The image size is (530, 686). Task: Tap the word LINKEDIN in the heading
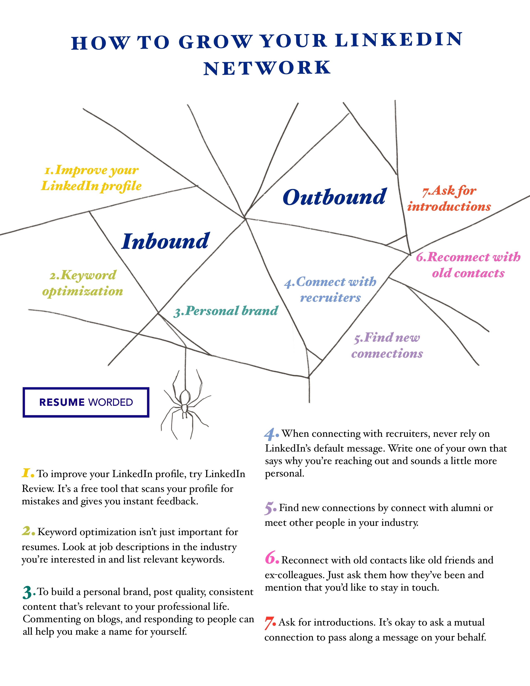[399, 40]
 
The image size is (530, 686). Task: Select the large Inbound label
[165, 241]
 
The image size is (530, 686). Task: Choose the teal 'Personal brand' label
[226, 311]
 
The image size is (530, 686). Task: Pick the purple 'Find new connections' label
[387, 345]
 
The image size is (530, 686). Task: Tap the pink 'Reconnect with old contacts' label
[468, 265]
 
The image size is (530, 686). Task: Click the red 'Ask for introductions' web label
[449, 199]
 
